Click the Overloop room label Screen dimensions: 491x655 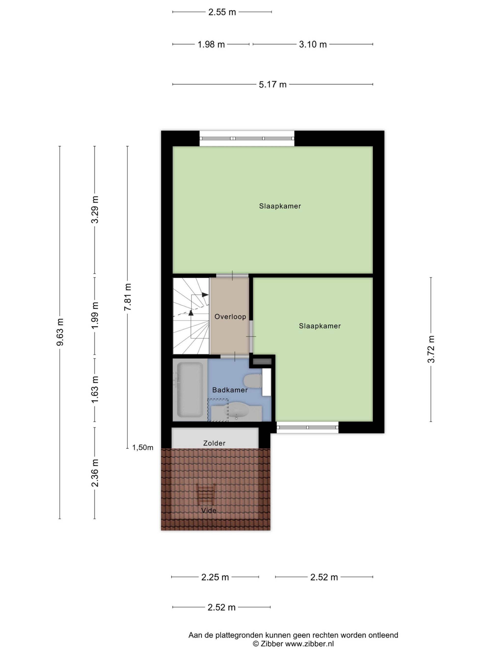pos(230,317)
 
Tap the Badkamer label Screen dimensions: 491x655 pos(230,390)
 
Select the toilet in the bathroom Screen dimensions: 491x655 pos(252,381)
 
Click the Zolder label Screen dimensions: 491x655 pos(214,443)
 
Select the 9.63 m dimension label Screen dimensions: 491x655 pos(60,332)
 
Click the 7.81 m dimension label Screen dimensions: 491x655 pos(128,297)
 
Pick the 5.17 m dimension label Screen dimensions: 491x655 pos(273,85)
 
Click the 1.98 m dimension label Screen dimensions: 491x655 pos(211,44)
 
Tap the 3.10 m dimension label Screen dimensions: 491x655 pos(313,44)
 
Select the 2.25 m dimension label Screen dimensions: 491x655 pos(215,577)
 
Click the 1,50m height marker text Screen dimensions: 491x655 pos(143,447)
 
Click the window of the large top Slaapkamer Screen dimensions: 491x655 pos(247,138)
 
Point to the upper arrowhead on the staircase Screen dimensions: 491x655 pos(205,295)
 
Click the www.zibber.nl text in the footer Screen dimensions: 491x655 pos(309,643)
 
